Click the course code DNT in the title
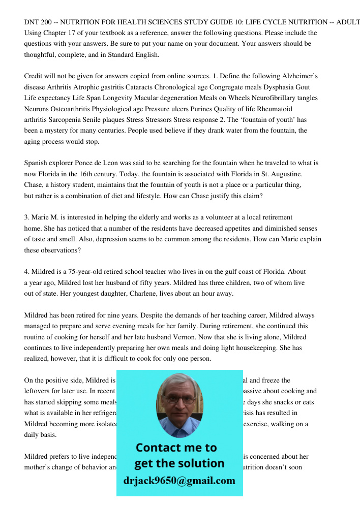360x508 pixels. pos(32,22)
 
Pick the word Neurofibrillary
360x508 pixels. pos(267,98)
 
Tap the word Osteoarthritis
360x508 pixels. pos(71,109)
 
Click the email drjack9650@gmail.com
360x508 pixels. pos(179,481)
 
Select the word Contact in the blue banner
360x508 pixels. pos(158,448)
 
